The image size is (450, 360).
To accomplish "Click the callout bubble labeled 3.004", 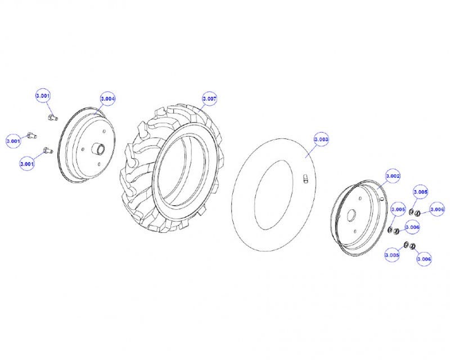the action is [x=107, y=98].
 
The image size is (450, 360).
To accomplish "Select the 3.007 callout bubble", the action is [x=209, y=98].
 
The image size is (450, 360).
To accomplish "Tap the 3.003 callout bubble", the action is [x=321, y=139].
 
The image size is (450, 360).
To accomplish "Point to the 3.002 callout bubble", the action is [x=393, y=175].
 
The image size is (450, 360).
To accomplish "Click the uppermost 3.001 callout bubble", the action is [x=43, y=96].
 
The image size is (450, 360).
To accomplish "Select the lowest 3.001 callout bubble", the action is [x=26, y=164].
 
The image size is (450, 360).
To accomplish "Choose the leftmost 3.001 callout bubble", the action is [x=13, y=141].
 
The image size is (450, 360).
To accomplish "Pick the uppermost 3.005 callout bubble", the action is [x=420, y=192].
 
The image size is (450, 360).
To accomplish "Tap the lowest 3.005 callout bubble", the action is [x=392, y=255].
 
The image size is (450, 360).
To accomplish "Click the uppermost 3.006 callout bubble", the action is [x=437, y=209].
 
